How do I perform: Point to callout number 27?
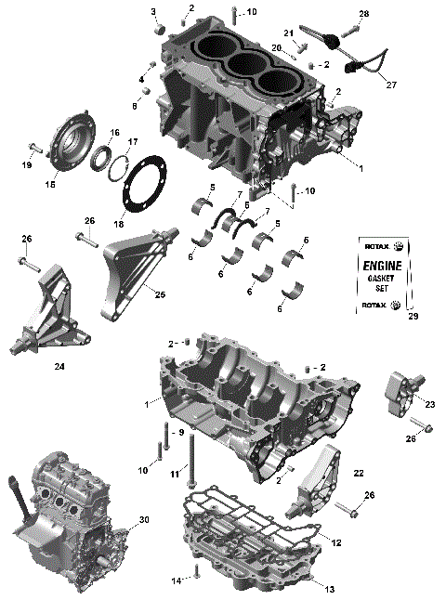click(391, 85)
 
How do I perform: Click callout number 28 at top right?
click(363, 13)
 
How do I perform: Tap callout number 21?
click(289, 34)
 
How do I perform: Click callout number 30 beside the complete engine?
click(143, 520)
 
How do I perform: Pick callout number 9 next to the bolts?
click(182, 433)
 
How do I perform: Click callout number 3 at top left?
click(153, 11)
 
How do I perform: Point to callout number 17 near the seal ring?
click(133, 142)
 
